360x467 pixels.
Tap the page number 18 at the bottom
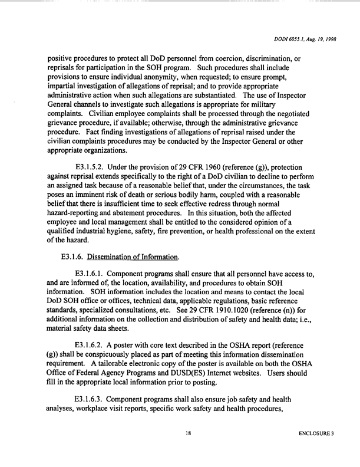pos(188,433)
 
